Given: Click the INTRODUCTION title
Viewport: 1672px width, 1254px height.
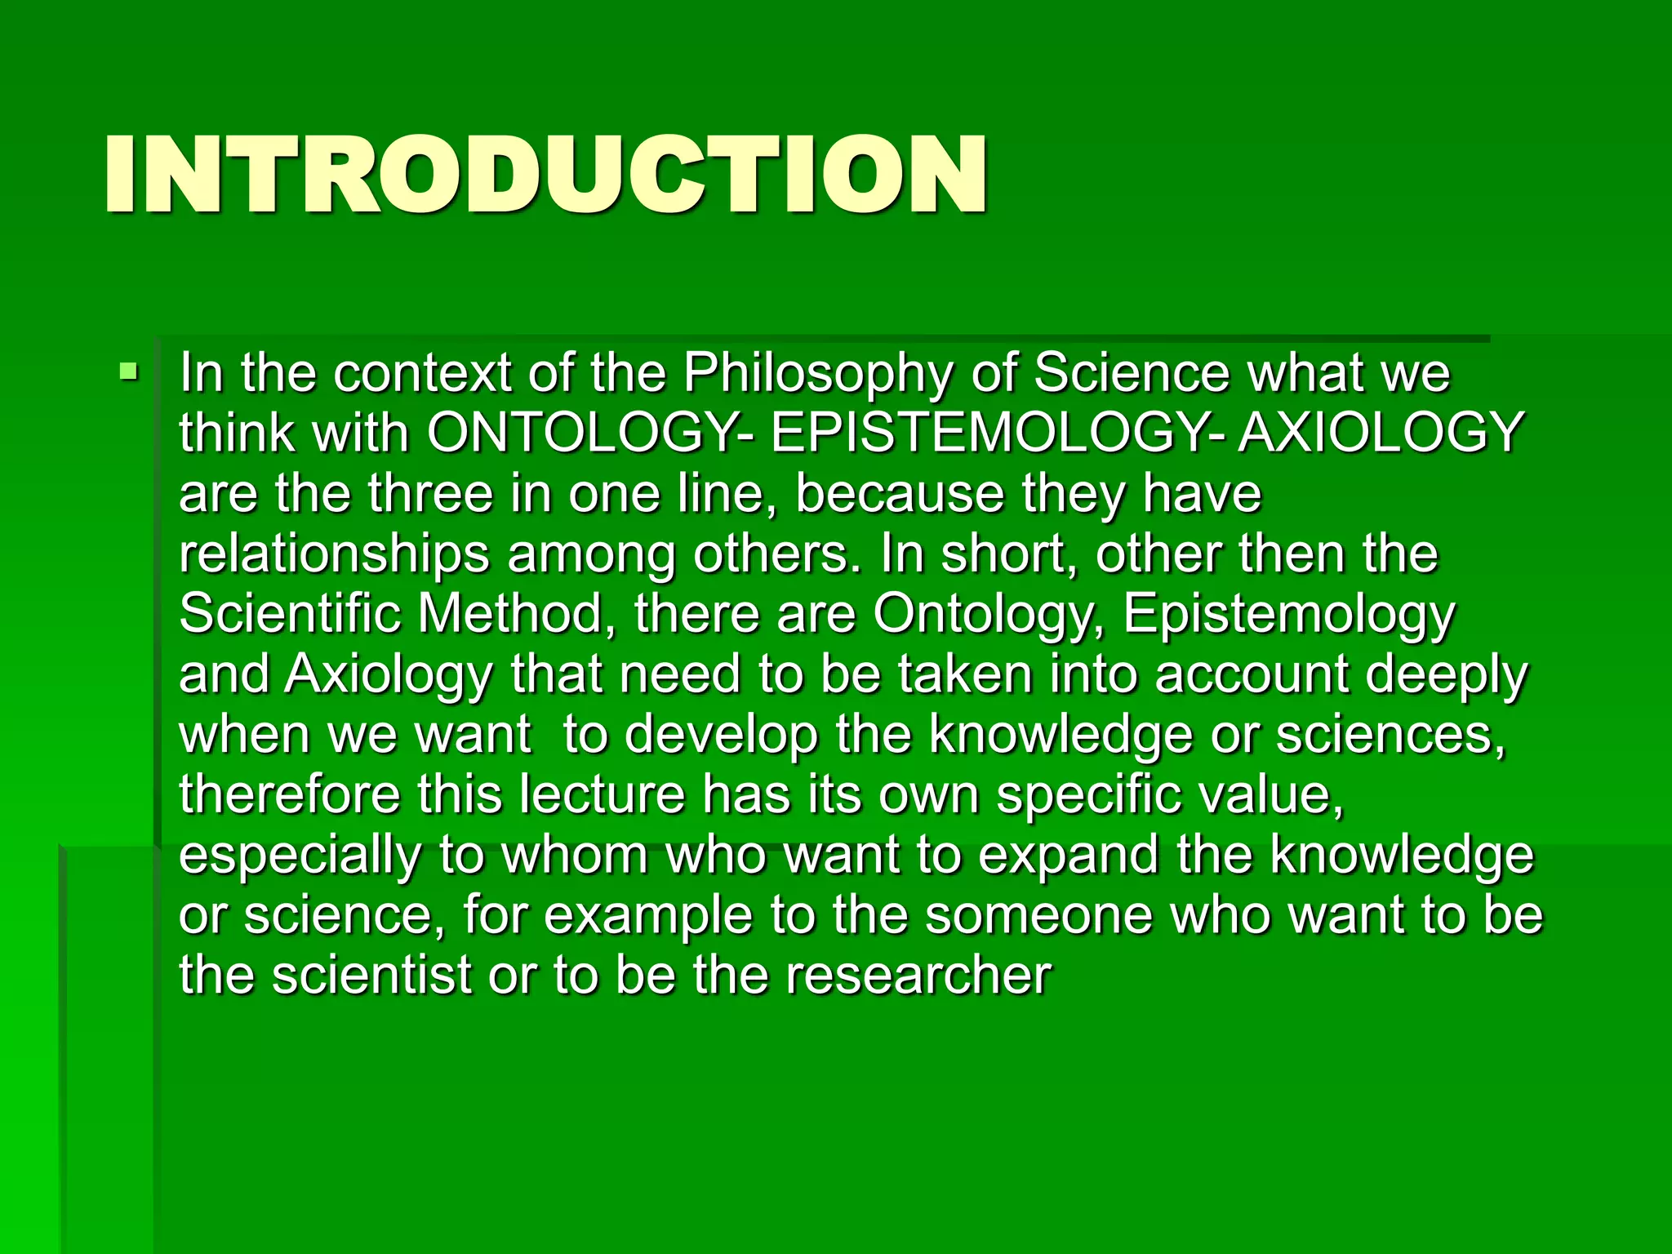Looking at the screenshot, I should [545, 175].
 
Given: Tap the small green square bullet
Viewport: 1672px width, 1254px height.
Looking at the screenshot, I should [128, 373].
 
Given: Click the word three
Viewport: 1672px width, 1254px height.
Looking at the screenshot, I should [429, 494].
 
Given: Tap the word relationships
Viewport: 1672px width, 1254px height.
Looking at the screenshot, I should [334, 555].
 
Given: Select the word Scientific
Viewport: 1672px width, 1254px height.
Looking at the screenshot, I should [290, 614].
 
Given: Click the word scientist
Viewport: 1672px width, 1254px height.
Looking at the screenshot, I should [371, 976].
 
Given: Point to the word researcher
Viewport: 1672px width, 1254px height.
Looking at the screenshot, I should [919, 976].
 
